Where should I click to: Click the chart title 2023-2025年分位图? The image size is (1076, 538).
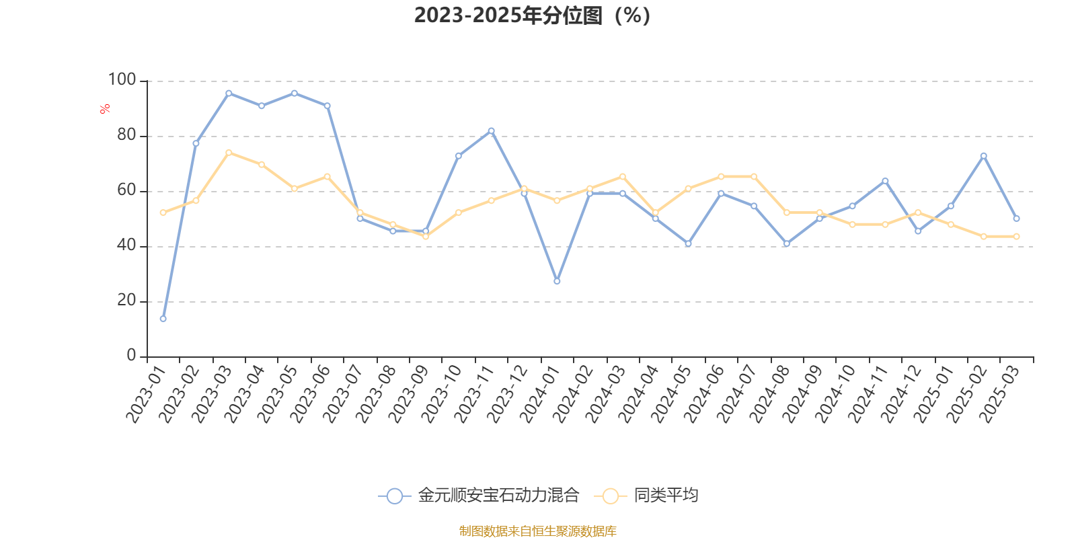tap(531, 15)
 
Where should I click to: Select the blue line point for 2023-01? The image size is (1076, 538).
tap(163, 319)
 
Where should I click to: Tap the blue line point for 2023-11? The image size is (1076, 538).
tap(491, 130)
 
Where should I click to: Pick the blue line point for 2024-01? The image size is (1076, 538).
tap(557, 281)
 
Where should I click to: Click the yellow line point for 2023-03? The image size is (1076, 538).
tap(229, 152)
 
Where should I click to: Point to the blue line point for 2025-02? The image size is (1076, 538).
tap(983, 155)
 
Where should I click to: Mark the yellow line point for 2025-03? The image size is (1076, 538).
tap(1016, 236)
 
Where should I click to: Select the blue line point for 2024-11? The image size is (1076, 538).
tap(885, 180)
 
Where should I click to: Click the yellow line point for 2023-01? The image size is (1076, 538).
tap(163, 213)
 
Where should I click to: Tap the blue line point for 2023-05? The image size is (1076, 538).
tap(294, 93)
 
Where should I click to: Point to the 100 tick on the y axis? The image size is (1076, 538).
tap(122, 80)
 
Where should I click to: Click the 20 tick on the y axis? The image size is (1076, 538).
tap(126, 301)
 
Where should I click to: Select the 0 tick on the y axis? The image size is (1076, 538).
tap(131, 356)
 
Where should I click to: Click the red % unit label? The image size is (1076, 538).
tap(105, 109)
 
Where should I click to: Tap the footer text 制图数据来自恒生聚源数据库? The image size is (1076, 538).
tap(537, 531)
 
